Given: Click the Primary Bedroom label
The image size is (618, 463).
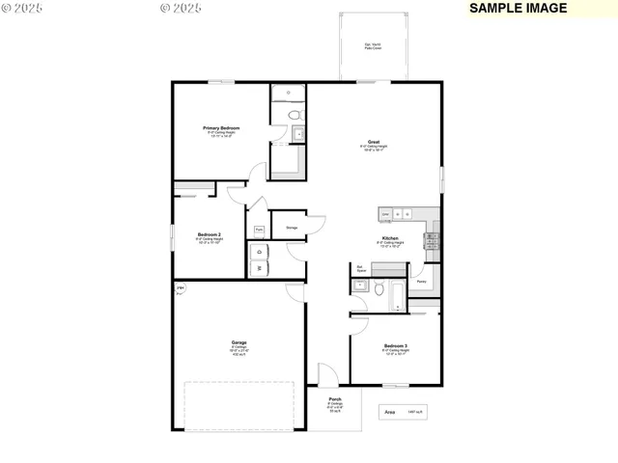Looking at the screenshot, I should [x=221, y=128].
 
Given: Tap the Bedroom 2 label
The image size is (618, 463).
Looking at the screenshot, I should [x=210, y=234].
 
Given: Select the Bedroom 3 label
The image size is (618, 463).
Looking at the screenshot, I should [x=395, y=345].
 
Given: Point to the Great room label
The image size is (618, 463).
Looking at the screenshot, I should [x=373, y=142].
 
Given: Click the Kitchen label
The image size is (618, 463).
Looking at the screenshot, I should [x=389, y=237].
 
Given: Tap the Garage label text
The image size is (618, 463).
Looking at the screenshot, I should [x=239, y=342].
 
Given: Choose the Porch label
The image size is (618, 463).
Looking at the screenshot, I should [x=335, y=399].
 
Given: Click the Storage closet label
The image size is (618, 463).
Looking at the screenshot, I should [x=291, y=228].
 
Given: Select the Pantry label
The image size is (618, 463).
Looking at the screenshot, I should [x=422, y=282].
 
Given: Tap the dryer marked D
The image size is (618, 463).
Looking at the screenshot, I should [x=260, y=252].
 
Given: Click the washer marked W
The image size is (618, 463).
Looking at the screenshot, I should [x=260, y=269].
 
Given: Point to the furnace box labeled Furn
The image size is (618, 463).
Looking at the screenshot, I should [x=259, y=230].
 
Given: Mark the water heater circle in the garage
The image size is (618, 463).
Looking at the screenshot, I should [x=180, y=288].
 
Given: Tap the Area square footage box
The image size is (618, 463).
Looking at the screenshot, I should [x=404, y=412].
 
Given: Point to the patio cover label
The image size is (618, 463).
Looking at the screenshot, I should [x=372, y=46].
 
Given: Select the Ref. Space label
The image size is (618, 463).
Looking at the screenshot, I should [x=360, y=270].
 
